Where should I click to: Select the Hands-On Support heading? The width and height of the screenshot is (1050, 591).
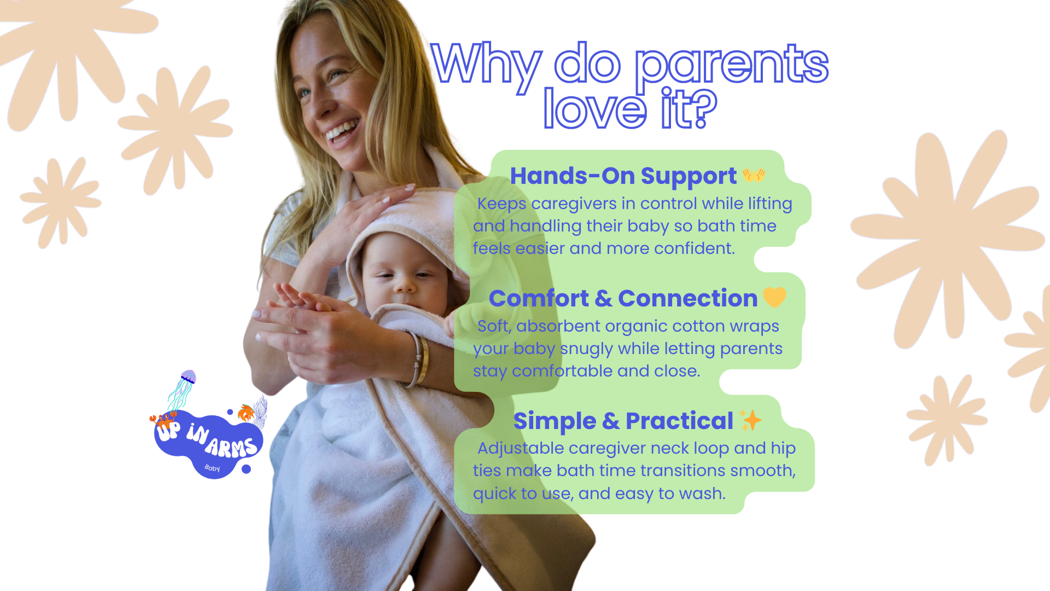coord(623,176)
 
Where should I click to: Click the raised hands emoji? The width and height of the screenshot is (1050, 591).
coord(754,175)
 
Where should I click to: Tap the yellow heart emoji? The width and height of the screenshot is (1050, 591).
coord(774,297)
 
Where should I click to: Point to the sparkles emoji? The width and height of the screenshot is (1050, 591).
coord(750,420)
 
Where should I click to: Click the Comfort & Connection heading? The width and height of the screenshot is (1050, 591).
coord(623,298)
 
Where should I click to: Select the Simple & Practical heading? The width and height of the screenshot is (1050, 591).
coord(623,421)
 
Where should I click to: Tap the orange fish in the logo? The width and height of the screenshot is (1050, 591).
coord(246,412)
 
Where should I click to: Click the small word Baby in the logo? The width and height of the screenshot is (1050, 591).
coord(212,468)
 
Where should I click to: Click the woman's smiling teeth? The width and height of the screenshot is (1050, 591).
coord(342,130)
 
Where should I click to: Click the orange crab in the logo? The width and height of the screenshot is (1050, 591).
coord(162,420)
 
